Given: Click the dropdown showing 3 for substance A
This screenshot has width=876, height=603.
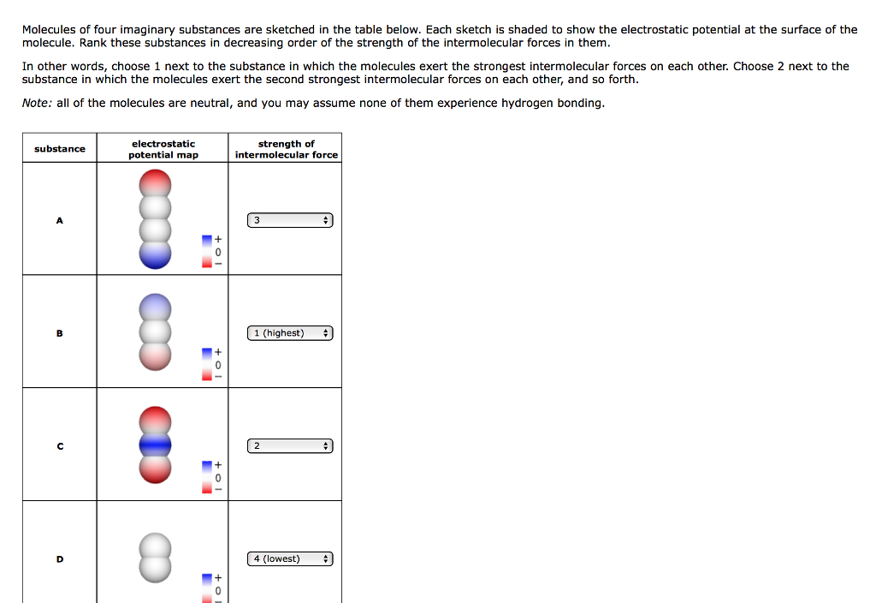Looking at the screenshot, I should point(290,220).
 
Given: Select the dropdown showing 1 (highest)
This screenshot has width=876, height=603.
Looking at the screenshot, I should point(290,333).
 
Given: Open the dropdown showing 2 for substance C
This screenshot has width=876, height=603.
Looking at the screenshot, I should point(290,446).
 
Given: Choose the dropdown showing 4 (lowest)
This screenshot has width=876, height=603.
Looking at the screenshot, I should point(290,559).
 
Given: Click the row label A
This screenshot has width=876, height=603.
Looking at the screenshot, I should point(60,220).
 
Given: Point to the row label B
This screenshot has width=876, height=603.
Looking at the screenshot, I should point(60,333).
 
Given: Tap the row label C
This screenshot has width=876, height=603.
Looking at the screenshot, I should point(60,446).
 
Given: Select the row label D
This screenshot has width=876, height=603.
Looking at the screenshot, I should point(60,559).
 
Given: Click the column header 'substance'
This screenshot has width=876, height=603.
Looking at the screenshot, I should point(60,149).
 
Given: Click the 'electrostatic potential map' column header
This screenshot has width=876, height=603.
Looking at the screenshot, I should point(163,149).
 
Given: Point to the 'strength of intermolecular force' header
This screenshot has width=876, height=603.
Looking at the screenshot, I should point(286,149).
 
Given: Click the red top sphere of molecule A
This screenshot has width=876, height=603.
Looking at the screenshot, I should point(156,182).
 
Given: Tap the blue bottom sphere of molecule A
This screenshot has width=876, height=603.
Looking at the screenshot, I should point(156,254).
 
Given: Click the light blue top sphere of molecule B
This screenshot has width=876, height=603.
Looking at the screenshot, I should point(156,307).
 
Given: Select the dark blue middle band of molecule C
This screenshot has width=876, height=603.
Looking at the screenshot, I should point(156,445).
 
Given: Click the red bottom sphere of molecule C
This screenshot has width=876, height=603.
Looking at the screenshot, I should point(156,468).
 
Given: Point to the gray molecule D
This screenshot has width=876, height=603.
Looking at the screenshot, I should point(156,558).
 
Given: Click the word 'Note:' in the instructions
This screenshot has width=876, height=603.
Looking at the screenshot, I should point(38,103).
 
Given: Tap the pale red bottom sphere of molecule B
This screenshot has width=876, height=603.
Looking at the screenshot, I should point(156,356).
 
